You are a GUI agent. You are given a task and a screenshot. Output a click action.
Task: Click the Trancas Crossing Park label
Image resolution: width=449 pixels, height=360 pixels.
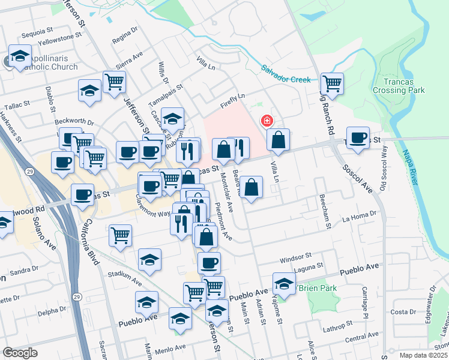point(399,86)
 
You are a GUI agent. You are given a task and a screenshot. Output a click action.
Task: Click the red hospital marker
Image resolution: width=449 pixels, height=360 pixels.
point(265,121)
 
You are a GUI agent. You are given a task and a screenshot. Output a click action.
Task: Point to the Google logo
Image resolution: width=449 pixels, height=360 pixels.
point(20,353)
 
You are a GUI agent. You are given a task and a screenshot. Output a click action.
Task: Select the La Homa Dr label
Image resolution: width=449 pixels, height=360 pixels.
point(359,214)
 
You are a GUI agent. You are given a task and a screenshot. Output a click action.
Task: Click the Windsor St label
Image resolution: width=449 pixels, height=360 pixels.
point(295,256)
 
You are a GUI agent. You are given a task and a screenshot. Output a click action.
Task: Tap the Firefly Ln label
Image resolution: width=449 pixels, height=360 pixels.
point(234,97)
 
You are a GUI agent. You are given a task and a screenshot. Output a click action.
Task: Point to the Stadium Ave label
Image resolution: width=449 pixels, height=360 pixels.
point(125,277)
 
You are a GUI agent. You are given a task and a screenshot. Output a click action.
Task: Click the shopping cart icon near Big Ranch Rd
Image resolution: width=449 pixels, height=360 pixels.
point(331,83)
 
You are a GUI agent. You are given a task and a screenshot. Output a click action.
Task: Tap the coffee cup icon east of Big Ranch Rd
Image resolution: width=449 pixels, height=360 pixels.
point(358,138)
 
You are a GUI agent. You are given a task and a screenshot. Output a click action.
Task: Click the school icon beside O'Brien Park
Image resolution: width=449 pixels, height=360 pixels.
point(284,283)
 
